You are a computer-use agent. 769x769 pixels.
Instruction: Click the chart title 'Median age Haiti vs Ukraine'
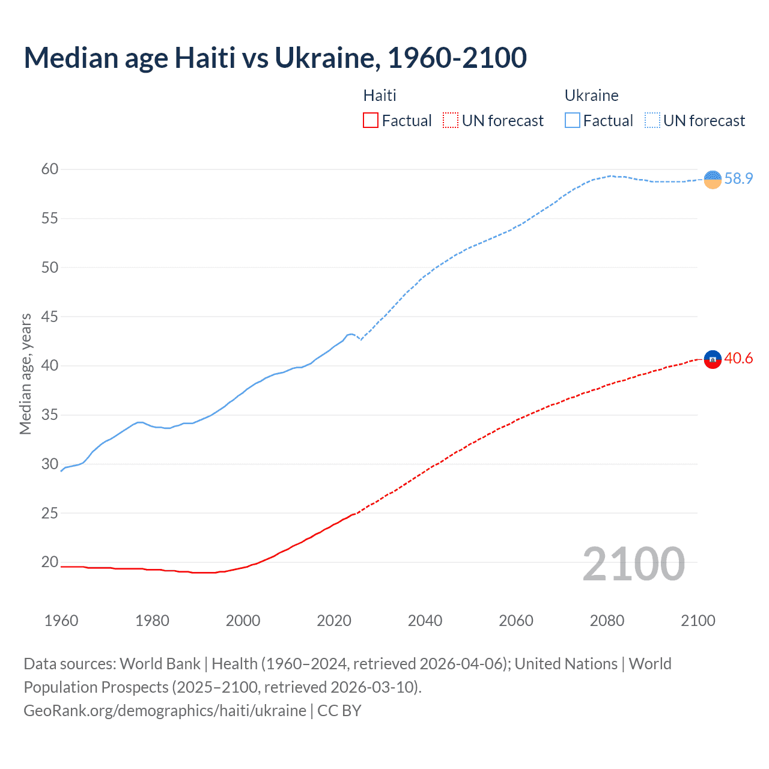[x=275, y=58]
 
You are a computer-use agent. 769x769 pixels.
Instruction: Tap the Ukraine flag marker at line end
[x=713, y=179]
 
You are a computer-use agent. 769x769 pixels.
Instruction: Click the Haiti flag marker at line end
[x=713, y=359]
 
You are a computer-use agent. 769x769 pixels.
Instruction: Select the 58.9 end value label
[x=738, y=179]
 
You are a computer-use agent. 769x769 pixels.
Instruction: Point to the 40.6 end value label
[x=738, y=359]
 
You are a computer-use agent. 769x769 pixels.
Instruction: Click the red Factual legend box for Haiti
[x=371, y=121]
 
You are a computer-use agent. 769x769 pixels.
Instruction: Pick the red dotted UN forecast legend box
[x=451, y=121]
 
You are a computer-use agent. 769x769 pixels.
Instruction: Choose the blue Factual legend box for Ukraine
[x=572, y=121]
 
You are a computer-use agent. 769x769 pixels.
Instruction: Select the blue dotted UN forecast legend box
[x=652, y=121]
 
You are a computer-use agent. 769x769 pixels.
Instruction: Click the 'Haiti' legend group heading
[x=380, y=96]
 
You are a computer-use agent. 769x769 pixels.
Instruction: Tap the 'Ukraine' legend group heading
[x=591, y=96]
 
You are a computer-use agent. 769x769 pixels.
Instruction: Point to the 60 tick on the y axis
[x=50, y=169]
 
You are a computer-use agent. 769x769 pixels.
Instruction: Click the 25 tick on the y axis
[x=50, y=513]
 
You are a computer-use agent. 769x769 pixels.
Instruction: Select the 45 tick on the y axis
[x=50, y=317]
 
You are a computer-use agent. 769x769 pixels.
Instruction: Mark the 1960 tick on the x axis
[x=61, y=621]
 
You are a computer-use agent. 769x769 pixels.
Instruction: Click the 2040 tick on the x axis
[x=425, y=621]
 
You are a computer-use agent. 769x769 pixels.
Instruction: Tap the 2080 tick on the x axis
[x=607, y=621]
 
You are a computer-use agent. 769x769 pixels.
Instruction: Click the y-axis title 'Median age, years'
[x=25, y=374]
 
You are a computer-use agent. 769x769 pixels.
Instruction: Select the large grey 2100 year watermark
[x=633, y=564]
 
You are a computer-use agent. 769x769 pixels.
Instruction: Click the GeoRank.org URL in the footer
[x=165, y=711]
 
